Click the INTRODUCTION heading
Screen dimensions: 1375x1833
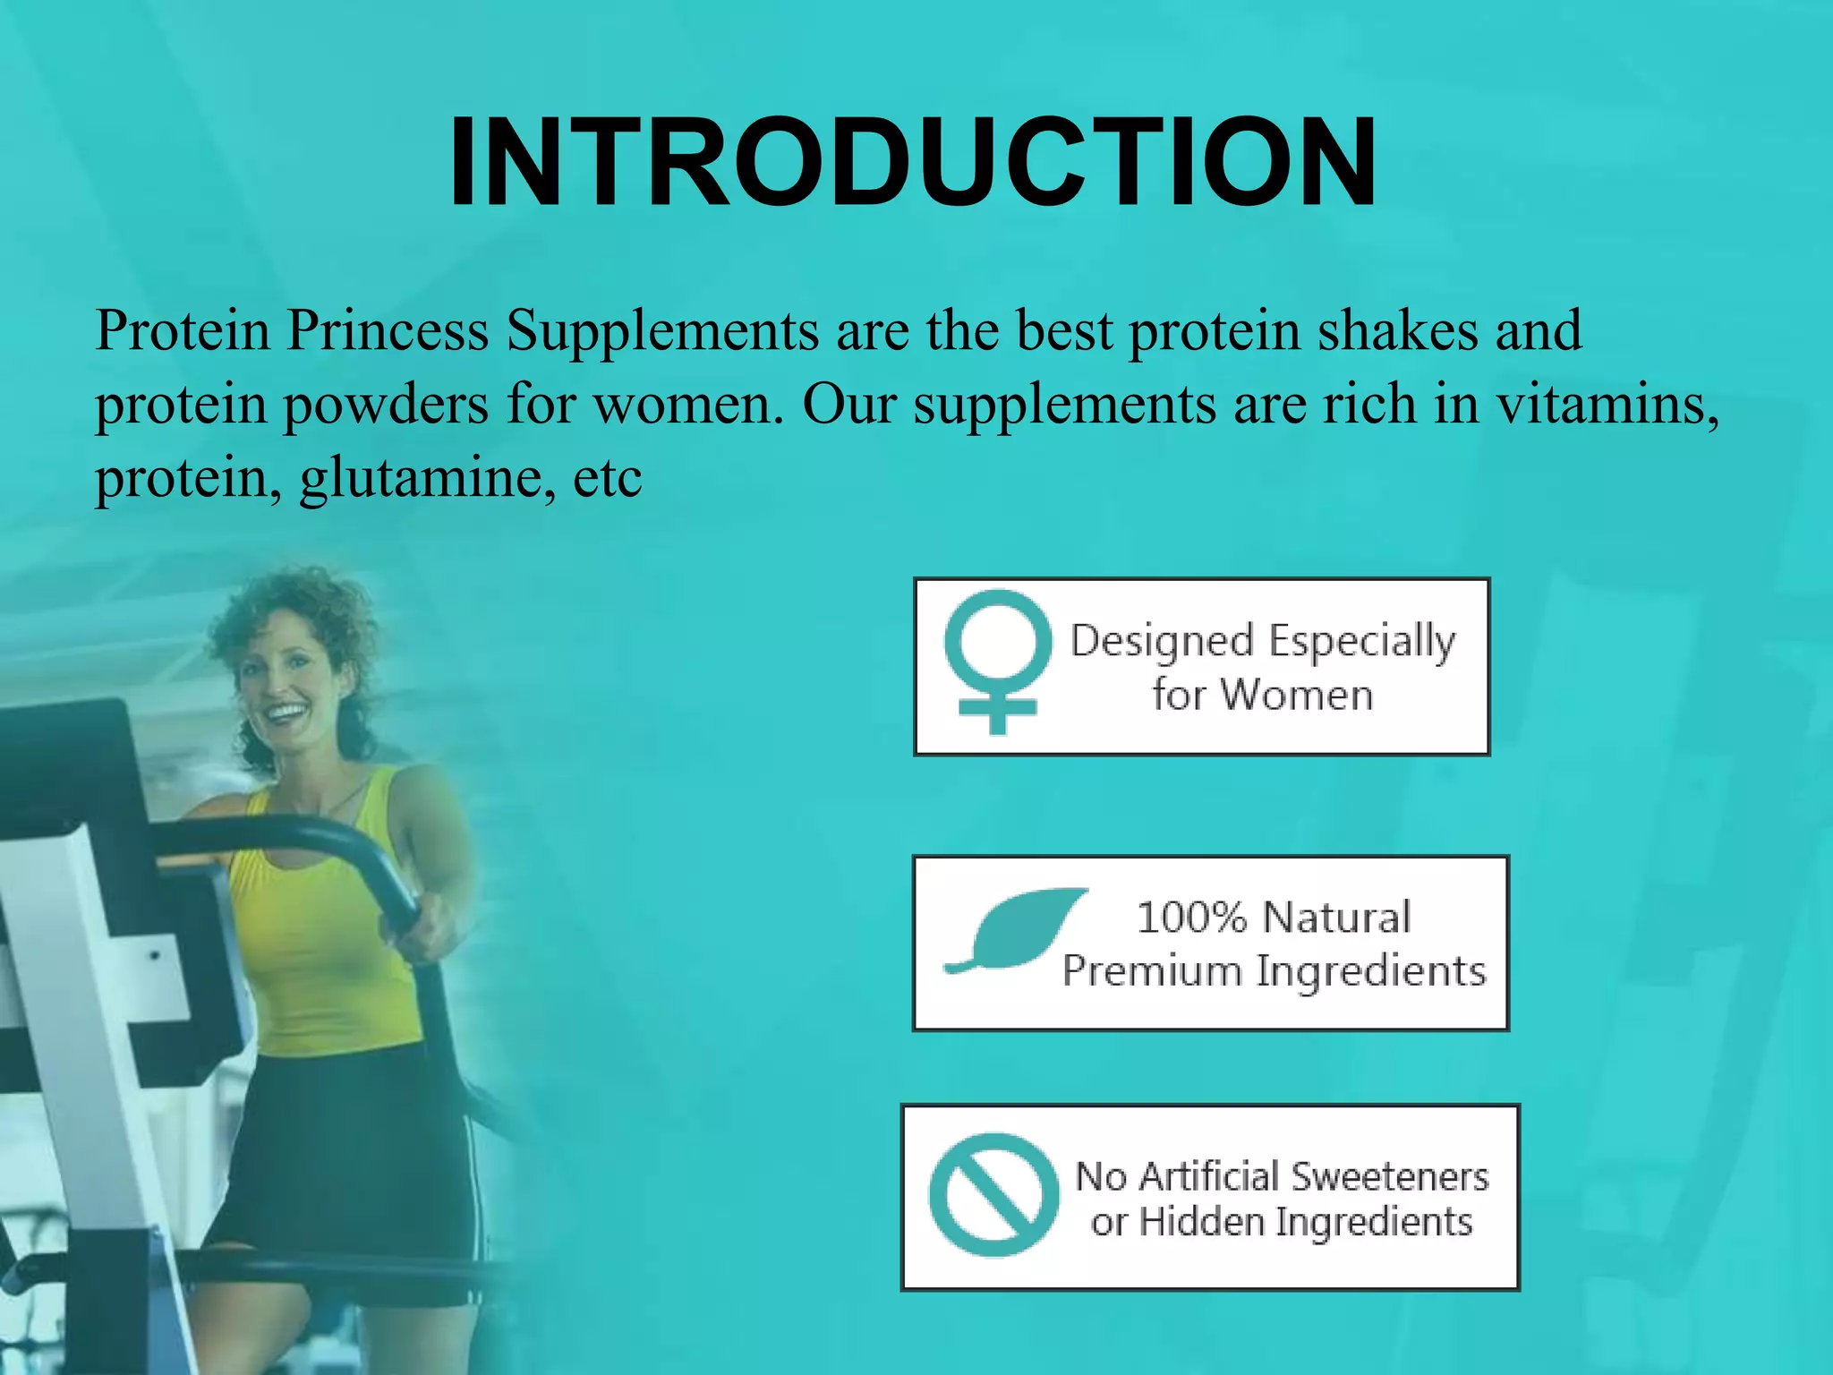pyautogui.click(x=913, y=164)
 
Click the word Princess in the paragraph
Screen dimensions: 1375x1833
pyautogui.click(x=387, y=331)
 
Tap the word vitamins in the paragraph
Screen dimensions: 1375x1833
pyautogui.click(x=1607, y=405)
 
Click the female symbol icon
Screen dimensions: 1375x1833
pyautogui.click(x=997, y=661)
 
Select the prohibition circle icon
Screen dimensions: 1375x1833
pyautogui.click(x=993, y=1194)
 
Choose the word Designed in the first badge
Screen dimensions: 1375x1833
pyautogui.click(x=1162, y=642)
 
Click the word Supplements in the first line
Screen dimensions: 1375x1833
pyautogui.click(x=662, y=331)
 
